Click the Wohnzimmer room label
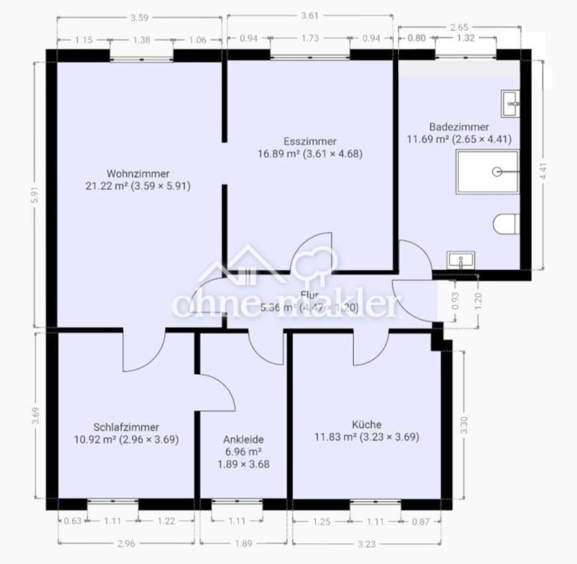point(137,173)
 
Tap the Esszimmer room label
point(310,141)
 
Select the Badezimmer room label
point(459,127)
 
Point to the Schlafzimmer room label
point(126,427)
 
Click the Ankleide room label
point(244,440)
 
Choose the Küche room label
point(367,425)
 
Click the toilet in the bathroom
point(507,224)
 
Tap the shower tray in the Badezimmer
point(487,172)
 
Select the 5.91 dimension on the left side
point(35,194)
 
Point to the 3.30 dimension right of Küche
point(463,425)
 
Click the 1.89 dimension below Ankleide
point(243,543)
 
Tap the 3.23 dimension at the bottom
point(367,543)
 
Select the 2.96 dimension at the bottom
point(126,543)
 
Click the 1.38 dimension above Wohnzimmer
point(142,40)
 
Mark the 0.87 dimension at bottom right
point(421,521)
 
